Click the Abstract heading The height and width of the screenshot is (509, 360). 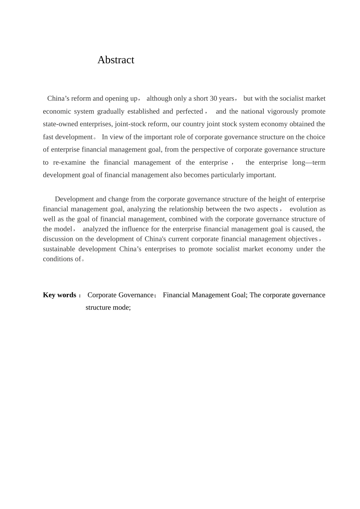[x=116, y=60]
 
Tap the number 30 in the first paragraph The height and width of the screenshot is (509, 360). [x=213, y=98]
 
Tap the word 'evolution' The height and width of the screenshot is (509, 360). [x=304, y=209]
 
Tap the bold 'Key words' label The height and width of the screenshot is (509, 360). [x=59, y=295]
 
